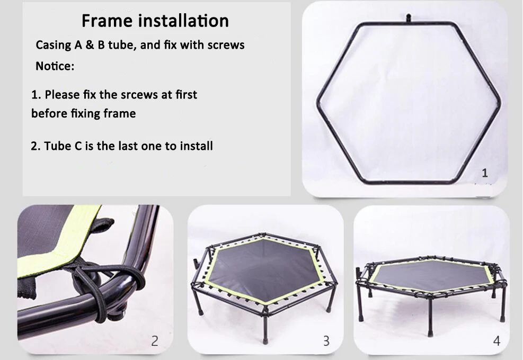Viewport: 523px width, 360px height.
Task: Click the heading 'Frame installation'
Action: pyautogui.click(x=155, y=21)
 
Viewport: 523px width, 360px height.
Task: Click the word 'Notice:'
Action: pyautogui.click(x=55, y=66)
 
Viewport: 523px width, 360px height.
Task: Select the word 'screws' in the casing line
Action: pyautogui.click(x=226, y=45)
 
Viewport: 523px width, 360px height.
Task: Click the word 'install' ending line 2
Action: pyautogui.click(x=196, y=146)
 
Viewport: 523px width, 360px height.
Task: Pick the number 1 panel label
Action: pyautogui.click(x=485, y=173)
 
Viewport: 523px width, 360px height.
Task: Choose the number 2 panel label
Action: pyautogui.click(x=154, y=340)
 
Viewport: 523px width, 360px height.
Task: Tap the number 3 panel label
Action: pyautogui.click(x=326, y=340)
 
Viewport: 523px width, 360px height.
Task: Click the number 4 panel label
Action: pyautogui.click(x=497, y=341)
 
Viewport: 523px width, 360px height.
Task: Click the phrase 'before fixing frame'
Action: pyautogui.click(x=83, y=113)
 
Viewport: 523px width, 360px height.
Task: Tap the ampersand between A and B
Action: pyautogui.click(x=90, y=45)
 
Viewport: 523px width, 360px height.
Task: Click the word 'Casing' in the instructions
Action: pyautogui.click(x=54, y=46)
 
